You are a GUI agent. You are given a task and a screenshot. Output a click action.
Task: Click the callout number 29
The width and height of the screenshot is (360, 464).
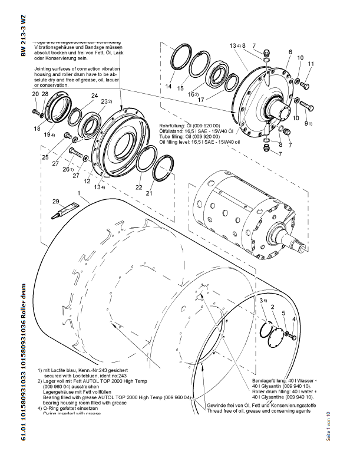(x=56, y=202)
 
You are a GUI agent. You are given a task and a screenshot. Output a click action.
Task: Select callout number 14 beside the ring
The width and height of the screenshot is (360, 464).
(x=169, y=87)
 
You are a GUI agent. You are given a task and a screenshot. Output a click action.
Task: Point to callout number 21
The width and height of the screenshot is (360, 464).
(x=149, y=193)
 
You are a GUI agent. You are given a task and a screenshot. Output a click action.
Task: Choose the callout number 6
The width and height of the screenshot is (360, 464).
(x=290, y=52)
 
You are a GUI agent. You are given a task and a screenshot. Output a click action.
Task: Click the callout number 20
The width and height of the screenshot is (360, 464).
(x=35, y=94)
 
